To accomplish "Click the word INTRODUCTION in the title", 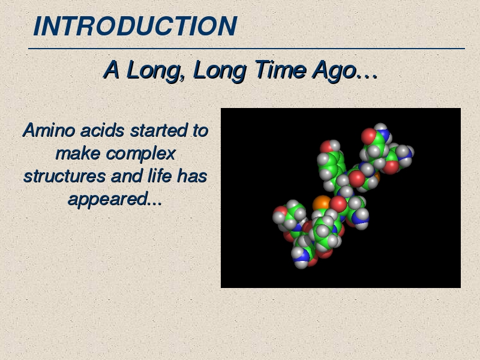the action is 135,26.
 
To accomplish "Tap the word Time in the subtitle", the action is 280,70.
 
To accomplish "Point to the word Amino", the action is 49,130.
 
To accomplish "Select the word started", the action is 159,130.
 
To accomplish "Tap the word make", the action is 78,154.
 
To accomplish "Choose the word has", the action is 192,176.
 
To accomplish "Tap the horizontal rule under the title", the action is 247,49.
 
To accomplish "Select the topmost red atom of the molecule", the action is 368,136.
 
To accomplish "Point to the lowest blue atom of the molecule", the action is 302,256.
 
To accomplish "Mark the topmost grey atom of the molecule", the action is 380,127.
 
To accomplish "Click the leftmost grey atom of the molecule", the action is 279,218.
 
